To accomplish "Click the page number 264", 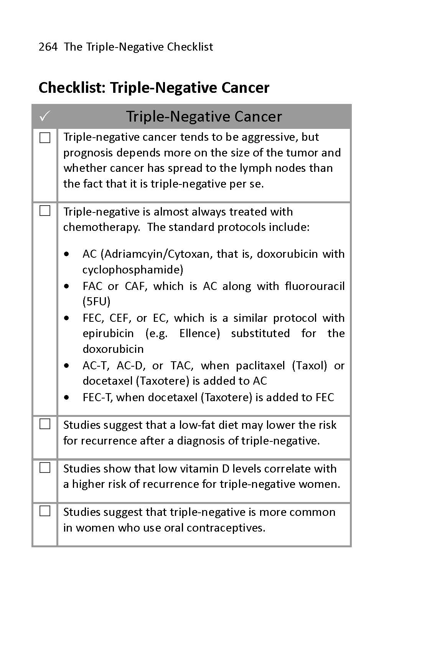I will (x=48, y=47).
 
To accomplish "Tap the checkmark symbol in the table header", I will (x=45, y=115).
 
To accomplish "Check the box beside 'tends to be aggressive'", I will (x=45, y=138).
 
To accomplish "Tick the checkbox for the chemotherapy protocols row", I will (x=45, y=211).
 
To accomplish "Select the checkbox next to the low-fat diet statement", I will (x=45, y=424).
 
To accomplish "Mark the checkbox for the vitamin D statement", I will (x=45, y=468).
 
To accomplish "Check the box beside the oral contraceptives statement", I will (x=45, y=511).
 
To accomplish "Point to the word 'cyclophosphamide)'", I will (x=133, y=270).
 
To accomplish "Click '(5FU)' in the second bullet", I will (x=96, y=301).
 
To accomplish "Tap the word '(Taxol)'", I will (x=310, y=366).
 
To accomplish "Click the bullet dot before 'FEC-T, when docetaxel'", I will (x=68, y=398).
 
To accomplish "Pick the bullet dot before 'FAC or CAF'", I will (x=68, y=286).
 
